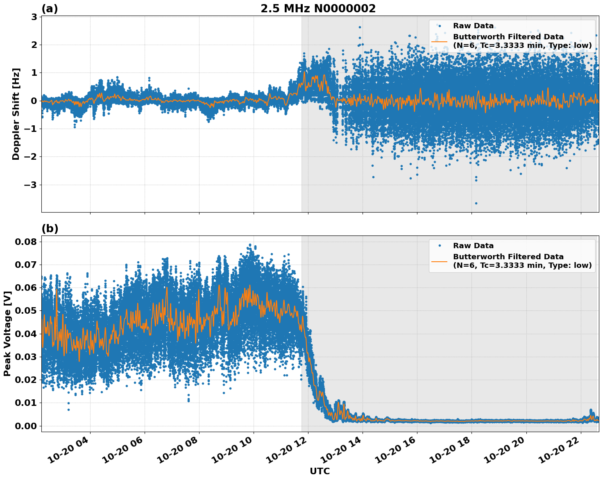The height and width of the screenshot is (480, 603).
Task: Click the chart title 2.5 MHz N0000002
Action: point(318,9)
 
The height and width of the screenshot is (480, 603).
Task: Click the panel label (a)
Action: point(50,9)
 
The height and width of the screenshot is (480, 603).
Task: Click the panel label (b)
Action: point(50,229)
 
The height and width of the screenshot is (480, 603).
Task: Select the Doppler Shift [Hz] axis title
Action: point(16,114)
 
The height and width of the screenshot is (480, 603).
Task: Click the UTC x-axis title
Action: point(320,471)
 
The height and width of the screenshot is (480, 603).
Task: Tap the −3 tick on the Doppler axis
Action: point(29,185)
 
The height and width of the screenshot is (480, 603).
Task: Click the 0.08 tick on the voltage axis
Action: point(26,242)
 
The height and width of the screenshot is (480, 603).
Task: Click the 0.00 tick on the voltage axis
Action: point(26,426)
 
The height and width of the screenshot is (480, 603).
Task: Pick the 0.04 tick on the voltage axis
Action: point(26,334)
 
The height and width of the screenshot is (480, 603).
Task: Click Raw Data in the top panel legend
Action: point(473,26)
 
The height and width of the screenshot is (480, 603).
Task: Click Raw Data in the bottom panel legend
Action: point(473,246)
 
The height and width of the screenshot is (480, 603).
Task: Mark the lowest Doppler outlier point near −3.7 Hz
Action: point(476,203)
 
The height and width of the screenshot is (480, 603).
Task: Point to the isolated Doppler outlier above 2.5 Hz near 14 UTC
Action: point(360,27)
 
